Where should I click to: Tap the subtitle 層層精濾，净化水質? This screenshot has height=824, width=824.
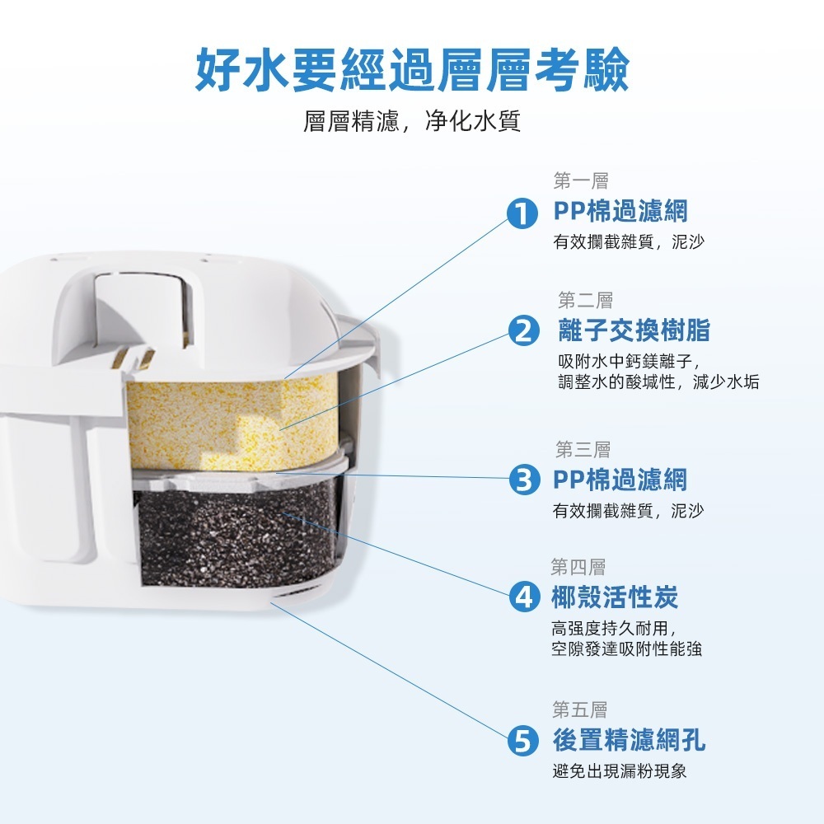pyautogui.click(x=412, y=121)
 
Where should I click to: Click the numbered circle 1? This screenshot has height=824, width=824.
pyautogui.click(x=522, y=214)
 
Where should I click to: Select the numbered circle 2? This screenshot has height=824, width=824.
pyautogui.click(x=524, y=331)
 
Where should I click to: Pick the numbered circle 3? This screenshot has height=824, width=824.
pyautogui.click(x=524, y=480)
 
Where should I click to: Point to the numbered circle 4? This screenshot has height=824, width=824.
pyautogui.click(x=524, y=597)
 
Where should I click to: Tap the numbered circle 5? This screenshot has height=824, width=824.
pyautogui.click(x=523, y=741)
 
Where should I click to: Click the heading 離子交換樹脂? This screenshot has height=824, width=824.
pyautogui.click(x=634, y=330)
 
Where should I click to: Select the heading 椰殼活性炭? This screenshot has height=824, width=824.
pyautogui.click(x=615, y=597)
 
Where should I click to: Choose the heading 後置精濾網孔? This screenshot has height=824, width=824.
pyautogui.click(x=629, y=740)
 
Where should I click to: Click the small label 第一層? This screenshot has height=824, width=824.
pyautogui.click(x=581, y=181)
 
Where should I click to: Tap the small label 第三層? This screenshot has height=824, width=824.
pyautogui.click(x=583, y=450)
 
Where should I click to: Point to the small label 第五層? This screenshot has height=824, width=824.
pyautogui.click(x=579, y=710)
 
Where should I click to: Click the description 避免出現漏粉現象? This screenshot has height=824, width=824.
pyautogui.click(x=620, y=771)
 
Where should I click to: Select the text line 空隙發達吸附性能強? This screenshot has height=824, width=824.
pyautogui.click(x=626, y=649)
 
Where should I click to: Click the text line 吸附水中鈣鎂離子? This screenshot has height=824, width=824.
pyautogui.click(x=630, y=362)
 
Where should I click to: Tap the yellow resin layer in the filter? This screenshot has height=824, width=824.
pyautogui.click(x=232, y=423)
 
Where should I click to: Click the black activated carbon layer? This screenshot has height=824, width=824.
pyautogui.click(x=236, y=537)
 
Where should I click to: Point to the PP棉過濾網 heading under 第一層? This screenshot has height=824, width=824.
pyautogui.click(x=620, y=211)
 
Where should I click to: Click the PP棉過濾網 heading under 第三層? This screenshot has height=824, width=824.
pyautogui.click(x=620, y=480)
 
